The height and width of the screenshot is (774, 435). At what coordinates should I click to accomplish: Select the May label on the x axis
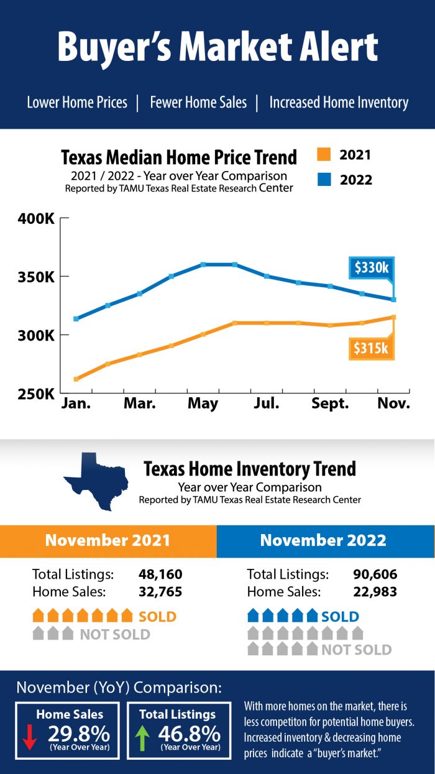(x=203, y=403)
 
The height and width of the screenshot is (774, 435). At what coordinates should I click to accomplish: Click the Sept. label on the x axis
(x=330, y=403)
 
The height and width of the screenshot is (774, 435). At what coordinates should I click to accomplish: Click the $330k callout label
(x=370, y=268)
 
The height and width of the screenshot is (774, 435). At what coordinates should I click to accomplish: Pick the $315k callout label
(x=370, y=348)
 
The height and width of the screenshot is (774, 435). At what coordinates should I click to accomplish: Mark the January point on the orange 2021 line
(x=76, y=379)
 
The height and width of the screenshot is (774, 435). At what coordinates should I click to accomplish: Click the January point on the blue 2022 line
(x=76, y=319)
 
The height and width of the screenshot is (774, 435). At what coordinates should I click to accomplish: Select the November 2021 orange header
(x=108, y=540)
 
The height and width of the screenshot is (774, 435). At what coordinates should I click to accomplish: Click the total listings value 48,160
(x=160, y=574)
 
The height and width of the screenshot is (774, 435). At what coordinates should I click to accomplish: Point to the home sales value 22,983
(x=375, y=592)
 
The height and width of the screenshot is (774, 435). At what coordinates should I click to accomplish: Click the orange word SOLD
(x=157, y=617)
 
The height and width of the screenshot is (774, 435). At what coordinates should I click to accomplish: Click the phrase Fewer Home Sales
(x=198, y=103)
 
